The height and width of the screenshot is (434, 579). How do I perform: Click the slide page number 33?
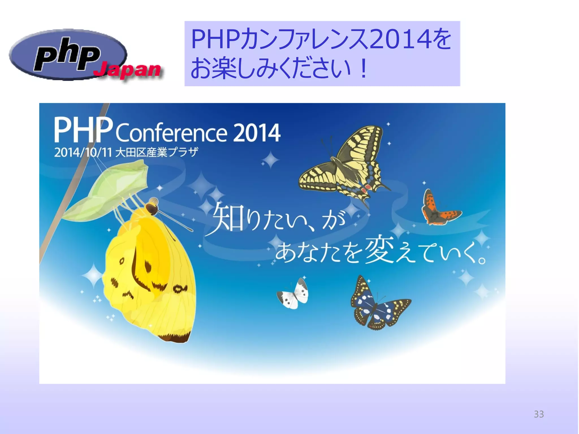(x=539, y=414)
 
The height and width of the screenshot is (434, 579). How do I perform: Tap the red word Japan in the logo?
(x=128, y=70)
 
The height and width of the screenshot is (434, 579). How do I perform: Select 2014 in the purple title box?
(x=400, y=40)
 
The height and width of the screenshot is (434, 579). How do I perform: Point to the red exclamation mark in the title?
(x=363, y=69)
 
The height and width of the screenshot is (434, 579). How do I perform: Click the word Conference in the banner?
(x=171, y=133)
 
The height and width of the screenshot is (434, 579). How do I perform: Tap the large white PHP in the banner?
(x=83, y=131)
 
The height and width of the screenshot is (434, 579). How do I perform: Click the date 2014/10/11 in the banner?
(x=83, y=153)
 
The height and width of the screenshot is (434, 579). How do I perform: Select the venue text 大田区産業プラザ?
(x=157, y=153)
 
